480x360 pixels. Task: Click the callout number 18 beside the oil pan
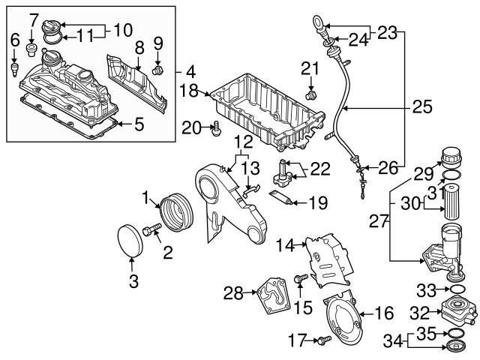189,90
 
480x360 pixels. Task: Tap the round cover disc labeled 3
133,238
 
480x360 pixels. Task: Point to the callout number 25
422,107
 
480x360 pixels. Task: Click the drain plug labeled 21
313,95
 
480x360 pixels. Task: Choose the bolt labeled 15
300,280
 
